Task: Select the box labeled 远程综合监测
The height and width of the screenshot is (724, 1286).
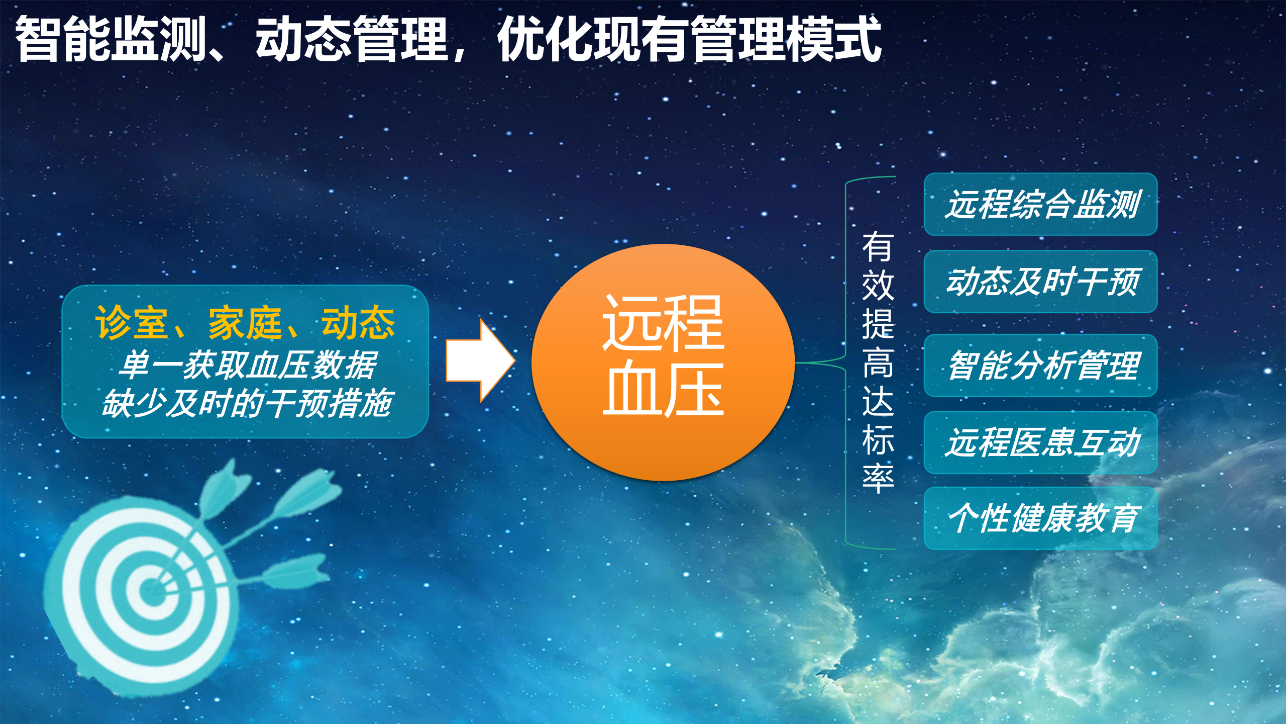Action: point(1040,204)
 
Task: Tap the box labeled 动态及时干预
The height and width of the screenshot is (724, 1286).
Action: point(1040,282)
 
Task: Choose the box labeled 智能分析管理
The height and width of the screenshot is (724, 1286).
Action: point(1040,366)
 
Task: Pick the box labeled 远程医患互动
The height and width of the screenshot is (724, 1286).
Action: point(1040,442)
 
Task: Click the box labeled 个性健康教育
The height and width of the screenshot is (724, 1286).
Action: point(1040,518)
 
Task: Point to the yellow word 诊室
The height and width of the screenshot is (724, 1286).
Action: point(131,323)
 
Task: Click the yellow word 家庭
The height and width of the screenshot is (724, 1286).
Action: point(245,323)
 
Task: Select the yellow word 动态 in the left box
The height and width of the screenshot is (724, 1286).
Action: point(358,323)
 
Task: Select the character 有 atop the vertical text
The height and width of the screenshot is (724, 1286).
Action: point(878,246)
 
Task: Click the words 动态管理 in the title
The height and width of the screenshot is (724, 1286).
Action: point(352,39)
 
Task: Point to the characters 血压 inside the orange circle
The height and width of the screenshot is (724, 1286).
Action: point(663,390)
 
